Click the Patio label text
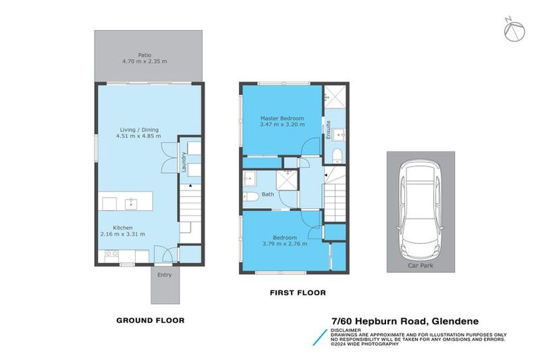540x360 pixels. click(x=145, y=53)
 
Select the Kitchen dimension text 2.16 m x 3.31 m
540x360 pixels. click(x=122, y=234)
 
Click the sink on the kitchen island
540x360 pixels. click(x=130, y=204)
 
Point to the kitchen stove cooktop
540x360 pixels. click(x=110, y=254)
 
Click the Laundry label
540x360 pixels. click(x=183, y=164)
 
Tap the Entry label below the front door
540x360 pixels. click(x=164, y=275)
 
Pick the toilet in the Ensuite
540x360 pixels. click(x=336, y=154)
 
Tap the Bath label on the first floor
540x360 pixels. click(x=268, y=194)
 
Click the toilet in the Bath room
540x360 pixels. click(x=247, y=197)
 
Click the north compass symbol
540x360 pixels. click(x=513, y=30)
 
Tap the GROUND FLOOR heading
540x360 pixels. click(x=150, y=320)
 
